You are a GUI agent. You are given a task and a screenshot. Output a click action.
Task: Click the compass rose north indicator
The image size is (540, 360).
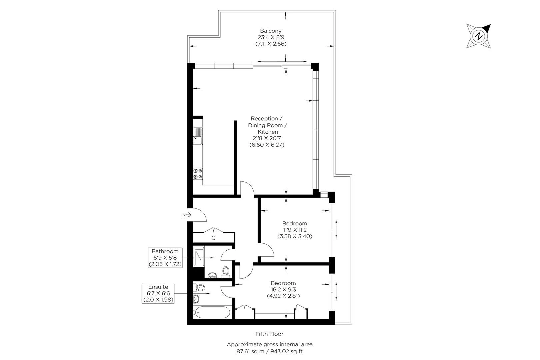(479, 36)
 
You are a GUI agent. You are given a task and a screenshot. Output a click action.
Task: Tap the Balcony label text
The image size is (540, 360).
(271, 31)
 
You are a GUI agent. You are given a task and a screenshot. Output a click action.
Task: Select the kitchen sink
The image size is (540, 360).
(198, 136)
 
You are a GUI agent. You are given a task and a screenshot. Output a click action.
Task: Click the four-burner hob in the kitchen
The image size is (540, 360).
(198, 174)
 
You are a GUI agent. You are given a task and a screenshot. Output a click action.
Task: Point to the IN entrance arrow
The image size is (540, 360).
(187, 215)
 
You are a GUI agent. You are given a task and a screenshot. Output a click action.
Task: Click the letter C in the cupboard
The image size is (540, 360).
(213, 238)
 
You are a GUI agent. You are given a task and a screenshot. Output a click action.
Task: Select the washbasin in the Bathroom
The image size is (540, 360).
(212, 275)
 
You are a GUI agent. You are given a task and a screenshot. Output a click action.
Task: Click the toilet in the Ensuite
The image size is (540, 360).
(199, 288)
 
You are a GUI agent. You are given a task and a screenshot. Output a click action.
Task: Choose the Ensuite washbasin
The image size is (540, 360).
(196, 299)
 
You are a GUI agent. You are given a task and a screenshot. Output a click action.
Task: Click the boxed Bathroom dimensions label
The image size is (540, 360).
(165, 258)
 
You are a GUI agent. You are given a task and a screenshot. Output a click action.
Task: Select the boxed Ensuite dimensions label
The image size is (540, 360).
(158, 293)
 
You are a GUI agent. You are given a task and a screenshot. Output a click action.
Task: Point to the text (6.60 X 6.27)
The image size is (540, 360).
(267, 145)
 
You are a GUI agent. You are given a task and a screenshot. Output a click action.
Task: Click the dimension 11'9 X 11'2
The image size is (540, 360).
(295, 230)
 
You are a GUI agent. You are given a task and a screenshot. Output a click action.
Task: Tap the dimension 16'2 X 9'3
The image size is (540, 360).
(283, 290)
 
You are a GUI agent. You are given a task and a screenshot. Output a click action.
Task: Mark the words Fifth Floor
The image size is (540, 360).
(270, 334)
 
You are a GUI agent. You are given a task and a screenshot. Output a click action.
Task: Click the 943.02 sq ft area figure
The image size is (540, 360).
(286, 351)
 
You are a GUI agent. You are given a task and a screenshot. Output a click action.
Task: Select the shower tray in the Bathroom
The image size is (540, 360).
(199, 256)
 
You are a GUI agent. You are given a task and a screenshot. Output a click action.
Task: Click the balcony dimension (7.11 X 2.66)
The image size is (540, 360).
(271, 44)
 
